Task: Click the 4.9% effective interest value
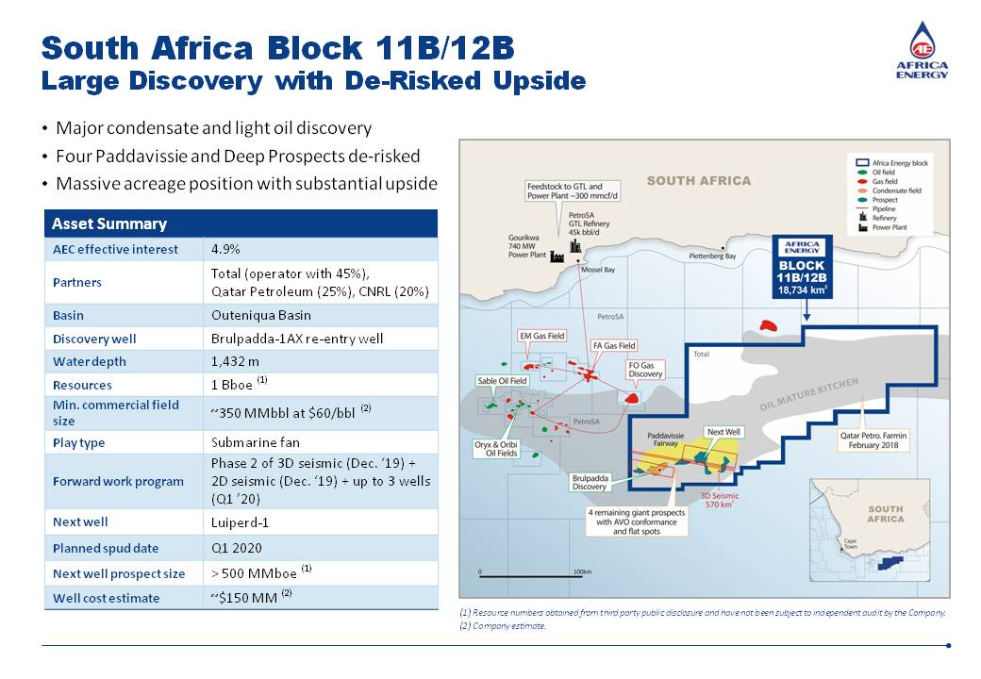tap(226, 249)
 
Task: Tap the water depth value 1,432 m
tap(235, 361)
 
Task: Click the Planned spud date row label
tap(106, 548)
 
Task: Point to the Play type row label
tap(79, 442)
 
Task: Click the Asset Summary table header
tap(109, 224)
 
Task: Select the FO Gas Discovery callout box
tap(646, 369)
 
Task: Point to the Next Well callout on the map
tap(724, 432)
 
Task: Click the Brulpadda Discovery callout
tap(590, 482)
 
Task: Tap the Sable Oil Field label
tap(501, 381)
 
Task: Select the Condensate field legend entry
tap(903, 190)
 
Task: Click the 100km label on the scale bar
tap(582, 571)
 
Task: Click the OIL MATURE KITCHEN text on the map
tap(809, 394)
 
